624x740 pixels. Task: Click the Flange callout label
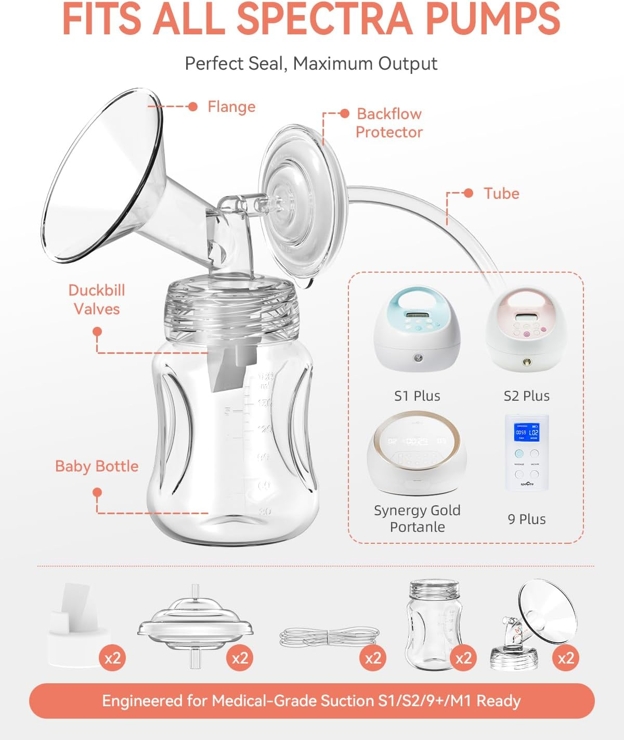231,107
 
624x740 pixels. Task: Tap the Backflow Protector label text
389,123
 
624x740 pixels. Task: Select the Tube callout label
501,193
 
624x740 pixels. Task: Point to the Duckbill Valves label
97,299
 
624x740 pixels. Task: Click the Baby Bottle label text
97,466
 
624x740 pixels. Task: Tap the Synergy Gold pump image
417,453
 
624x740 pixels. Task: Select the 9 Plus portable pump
527,453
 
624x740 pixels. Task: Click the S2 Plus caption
526,395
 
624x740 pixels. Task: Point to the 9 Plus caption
527,519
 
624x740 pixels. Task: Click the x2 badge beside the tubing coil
373,658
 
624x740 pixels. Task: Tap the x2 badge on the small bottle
463,658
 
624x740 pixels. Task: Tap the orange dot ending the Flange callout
193,107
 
